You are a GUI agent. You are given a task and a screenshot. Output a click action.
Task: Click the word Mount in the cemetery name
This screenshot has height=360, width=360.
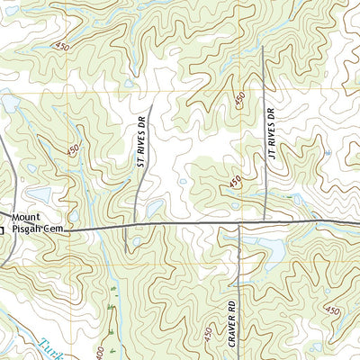27,217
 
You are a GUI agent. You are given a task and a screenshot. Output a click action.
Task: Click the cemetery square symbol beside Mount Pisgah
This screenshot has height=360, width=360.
2,228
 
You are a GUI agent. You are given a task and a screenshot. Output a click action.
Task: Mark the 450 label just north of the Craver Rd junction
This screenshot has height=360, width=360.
235,183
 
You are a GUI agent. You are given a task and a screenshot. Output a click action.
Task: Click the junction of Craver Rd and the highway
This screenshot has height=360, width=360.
238,223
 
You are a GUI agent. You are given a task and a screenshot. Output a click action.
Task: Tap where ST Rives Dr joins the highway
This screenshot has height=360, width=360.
136,226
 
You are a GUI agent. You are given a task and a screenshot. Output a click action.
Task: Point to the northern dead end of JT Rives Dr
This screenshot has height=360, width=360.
263,49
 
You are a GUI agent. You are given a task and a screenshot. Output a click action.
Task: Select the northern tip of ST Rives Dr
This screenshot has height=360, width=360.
152,104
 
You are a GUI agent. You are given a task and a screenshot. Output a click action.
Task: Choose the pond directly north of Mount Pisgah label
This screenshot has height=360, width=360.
39,193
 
